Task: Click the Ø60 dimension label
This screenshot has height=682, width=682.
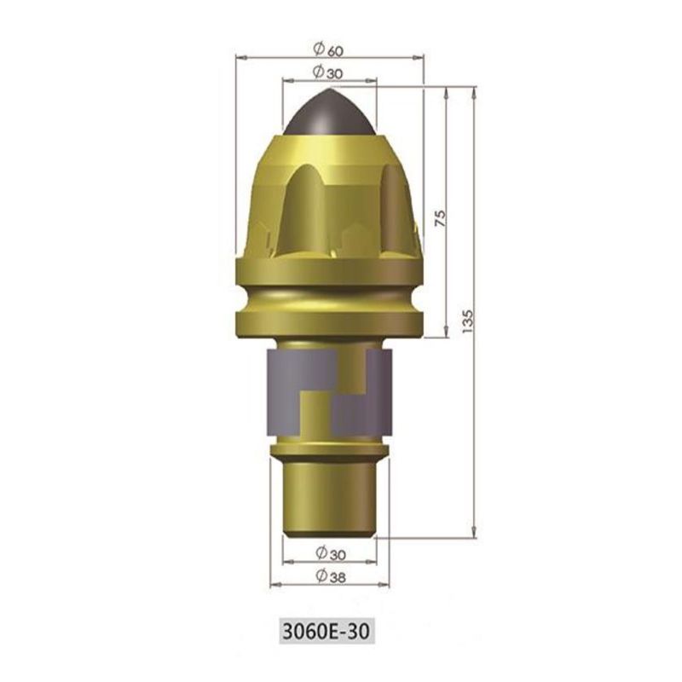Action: [328, 49]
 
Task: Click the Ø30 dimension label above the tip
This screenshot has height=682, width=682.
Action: [328, 72]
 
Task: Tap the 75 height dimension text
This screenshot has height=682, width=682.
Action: [440, 217]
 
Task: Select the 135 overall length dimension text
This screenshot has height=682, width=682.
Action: [466, 321]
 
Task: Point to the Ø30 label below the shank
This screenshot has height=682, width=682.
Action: [331, 553]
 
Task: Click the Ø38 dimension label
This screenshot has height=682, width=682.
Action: [331, 576]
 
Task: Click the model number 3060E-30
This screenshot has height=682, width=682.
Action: [327, 631]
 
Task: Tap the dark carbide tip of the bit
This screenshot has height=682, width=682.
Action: [329, 113]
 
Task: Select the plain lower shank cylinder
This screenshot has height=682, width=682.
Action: [329, 498]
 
